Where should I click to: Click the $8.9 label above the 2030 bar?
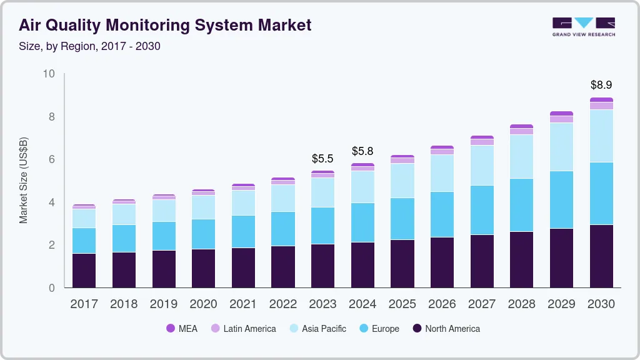[x=601, y=84]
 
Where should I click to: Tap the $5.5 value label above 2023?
[x=322, y=159]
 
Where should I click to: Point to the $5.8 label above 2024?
[x=362, y=151]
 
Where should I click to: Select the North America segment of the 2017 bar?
[x=84, y=270]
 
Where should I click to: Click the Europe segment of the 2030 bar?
[x=601, y=193]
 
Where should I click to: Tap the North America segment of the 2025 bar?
[x=402, y=263]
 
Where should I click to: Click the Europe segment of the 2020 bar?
[x=203, y=234]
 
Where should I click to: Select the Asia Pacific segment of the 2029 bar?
[x=561, y=147]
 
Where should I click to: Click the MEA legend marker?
[x=170, y=328]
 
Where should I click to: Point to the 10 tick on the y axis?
[x=49, y=74]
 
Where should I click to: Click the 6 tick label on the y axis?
[x=51, y=159]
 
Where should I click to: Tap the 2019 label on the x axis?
[x=163, y=304]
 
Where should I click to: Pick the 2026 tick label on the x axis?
[x=442, y=304]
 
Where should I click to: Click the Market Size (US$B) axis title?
[x=24, y=181]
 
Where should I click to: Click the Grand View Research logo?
[x=583, y=27]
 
